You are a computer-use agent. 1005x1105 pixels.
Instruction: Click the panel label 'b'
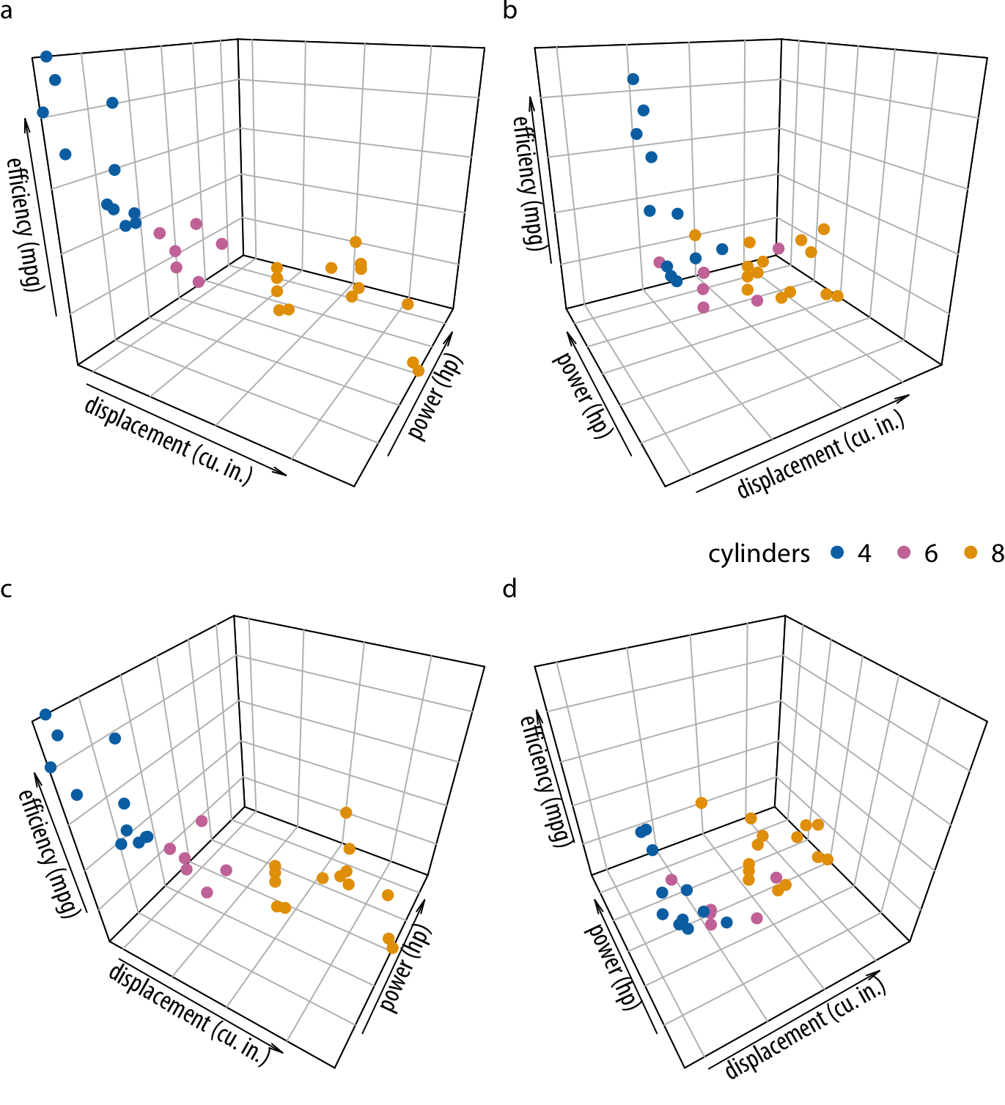[510, 12]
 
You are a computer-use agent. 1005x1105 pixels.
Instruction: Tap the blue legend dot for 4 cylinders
[838, 552]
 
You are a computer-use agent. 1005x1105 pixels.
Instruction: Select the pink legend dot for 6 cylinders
[904, 552]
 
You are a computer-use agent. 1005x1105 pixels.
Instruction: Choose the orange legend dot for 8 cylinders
[971, 552]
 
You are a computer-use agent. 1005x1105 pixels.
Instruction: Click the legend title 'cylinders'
[759, 554]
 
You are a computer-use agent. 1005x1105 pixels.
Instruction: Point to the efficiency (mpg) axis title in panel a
[25, 223]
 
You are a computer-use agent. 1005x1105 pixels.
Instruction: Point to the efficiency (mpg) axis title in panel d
[545, 780]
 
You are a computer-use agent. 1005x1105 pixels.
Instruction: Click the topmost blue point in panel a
[46, 56]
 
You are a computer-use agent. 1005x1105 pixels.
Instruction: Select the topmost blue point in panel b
[633, 79]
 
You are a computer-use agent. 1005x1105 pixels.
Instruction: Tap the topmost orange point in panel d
[702, 803]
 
